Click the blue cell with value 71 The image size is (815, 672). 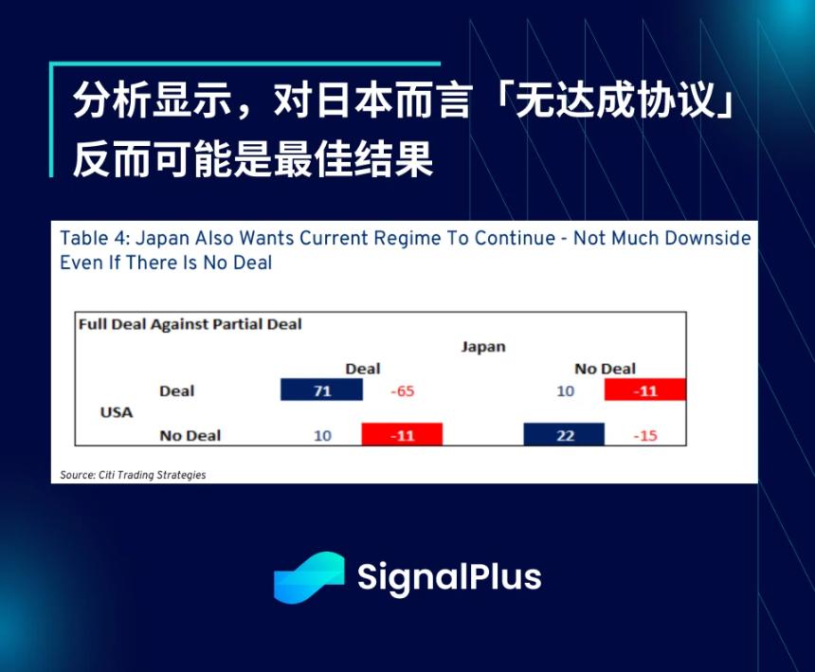[321, 390]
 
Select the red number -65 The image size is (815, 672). [403, 390]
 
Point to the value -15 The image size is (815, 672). [644, 436]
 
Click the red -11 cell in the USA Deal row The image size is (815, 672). [644, 390]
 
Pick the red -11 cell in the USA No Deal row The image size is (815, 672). [402, 435]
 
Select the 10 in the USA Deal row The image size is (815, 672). [565, 390]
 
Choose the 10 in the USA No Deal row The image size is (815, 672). [322, 436]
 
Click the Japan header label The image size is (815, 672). [483, 347]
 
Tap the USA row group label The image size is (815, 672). [117, 413]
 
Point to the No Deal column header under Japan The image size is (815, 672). [605, 369]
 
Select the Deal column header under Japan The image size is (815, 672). [362, 369]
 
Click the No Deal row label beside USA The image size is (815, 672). [190, 436]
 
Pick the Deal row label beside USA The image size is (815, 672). [176, 390]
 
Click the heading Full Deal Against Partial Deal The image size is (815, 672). [190, 324]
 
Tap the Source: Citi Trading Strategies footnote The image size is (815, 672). [133, 474]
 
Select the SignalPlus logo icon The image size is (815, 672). [308, 576]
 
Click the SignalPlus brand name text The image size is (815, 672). [449, 576]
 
